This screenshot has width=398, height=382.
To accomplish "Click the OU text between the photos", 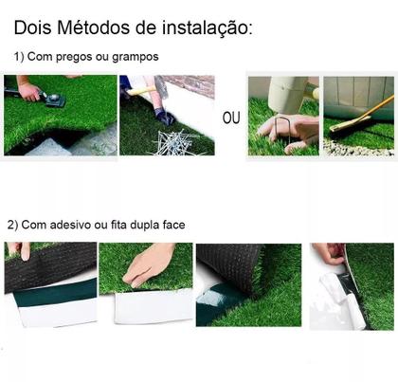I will tap(231, 118).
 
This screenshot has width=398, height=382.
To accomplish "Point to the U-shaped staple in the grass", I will tap(280, 118).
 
